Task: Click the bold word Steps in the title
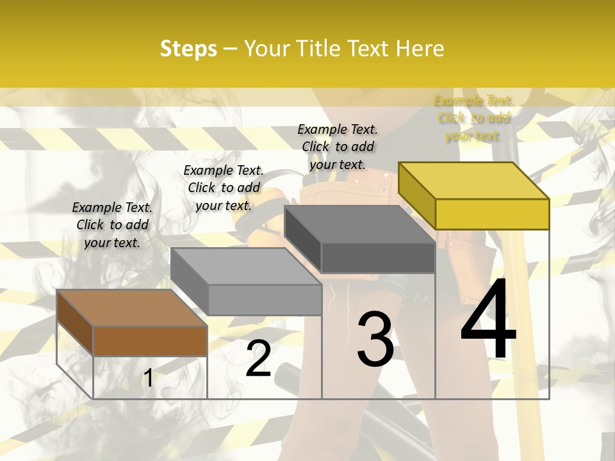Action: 188,49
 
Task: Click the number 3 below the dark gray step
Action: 375,339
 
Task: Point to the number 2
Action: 258,359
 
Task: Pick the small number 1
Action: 148,378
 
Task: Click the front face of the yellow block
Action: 492,214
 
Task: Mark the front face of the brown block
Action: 150,341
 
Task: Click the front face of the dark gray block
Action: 378,257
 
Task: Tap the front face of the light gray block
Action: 265,300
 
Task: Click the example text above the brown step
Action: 112,225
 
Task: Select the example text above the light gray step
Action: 224,188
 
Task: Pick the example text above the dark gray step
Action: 338,147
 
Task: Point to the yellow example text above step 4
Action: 473,118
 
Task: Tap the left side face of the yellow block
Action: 416,195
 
